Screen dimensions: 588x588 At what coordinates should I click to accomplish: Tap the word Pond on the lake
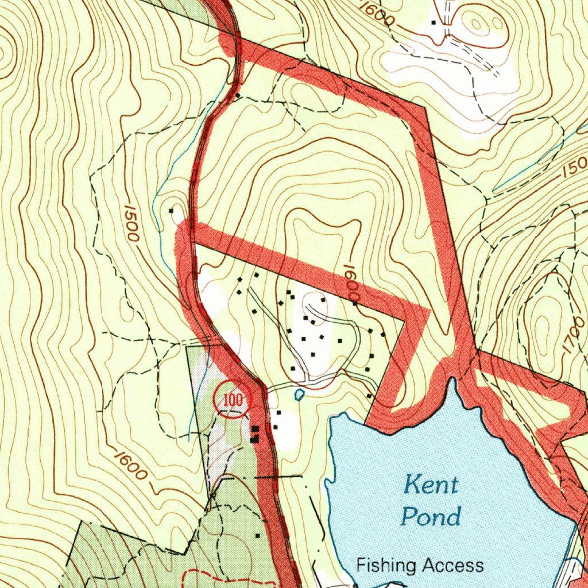pyautogui.click(x=431, y=516)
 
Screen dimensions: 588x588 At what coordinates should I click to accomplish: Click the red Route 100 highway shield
pyautogui.click(x=233, y=400)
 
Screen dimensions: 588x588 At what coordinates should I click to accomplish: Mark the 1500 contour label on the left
pyautogui.click(x=131, y=224)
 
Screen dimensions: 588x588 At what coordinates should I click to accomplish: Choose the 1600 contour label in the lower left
pyautogui.click(x=130, y=465)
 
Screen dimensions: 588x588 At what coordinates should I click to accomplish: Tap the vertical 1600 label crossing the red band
pyautogui.click(x=351, y=281)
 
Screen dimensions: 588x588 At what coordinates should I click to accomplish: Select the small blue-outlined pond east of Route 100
pyautogui.click(x=299, y=394)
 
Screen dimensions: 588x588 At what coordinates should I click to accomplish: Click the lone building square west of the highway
pyautogui.click(x=171, y=211)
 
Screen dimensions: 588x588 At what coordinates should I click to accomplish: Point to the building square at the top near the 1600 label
pyautogui.click(x=434, y=22)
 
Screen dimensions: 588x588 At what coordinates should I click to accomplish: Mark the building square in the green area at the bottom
pyautogui.click(x=257, y=535)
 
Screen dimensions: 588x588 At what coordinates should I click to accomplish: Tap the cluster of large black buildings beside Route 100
pyautogui.click(x=255, y=434)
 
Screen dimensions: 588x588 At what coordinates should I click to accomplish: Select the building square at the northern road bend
pyautogui.click(x=237, y=95)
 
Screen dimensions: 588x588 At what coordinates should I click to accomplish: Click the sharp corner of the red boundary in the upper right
pyautogui.click(x=425, y=107)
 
